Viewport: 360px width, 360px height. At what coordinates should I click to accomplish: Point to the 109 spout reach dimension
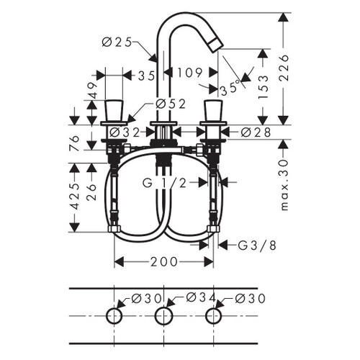189,73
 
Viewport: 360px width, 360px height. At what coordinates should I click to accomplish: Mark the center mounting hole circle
164,316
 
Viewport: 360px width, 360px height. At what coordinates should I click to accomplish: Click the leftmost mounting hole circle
115,316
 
